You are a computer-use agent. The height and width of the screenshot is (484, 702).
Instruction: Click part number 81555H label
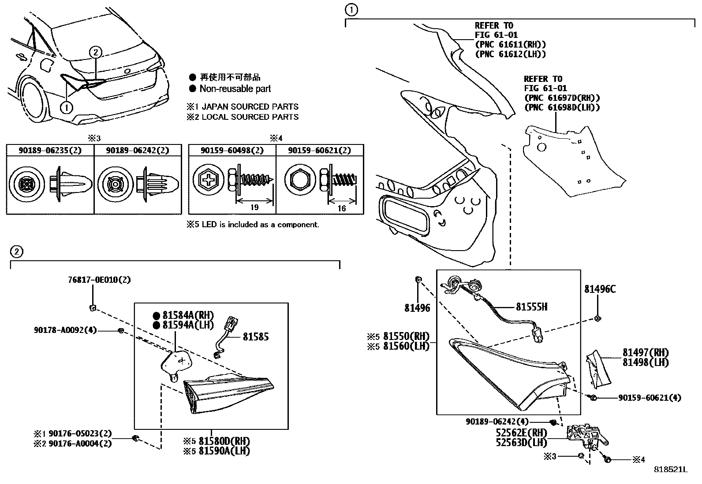click(x=531, y=307)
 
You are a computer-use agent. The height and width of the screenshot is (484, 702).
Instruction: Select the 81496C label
click(x=600, y=289)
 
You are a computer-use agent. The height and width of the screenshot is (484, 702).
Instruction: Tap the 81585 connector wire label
click(x=255, y=337)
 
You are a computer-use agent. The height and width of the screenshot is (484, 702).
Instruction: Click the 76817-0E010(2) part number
click(x=99, y=280)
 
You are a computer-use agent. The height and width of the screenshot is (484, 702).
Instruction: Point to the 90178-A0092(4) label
click(x=65, y=330)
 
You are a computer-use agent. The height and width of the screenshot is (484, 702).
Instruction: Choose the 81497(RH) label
click(x=646, y=352)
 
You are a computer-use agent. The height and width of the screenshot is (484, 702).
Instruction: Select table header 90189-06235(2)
click(x=50, y=150)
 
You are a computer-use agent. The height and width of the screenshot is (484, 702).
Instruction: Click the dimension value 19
click(x=254, y=207)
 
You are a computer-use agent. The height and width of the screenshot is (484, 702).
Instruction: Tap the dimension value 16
click(x=342, y=208)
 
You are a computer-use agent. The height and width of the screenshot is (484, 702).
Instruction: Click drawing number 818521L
click(x=670, y=469)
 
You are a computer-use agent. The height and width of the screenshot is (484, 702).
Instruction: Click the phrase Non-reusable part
click(x=235, y=89)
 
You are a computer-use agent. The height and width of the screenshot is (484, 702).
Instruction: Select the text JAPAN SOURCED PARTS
click(x=250, y=107)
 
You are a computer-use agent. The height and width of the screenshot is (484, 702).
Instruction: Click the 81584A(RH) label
click(x=187, y=315)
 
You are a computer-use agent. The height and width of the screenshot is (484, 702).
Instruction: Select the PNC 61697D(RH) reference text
click(x=562, y=98)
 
